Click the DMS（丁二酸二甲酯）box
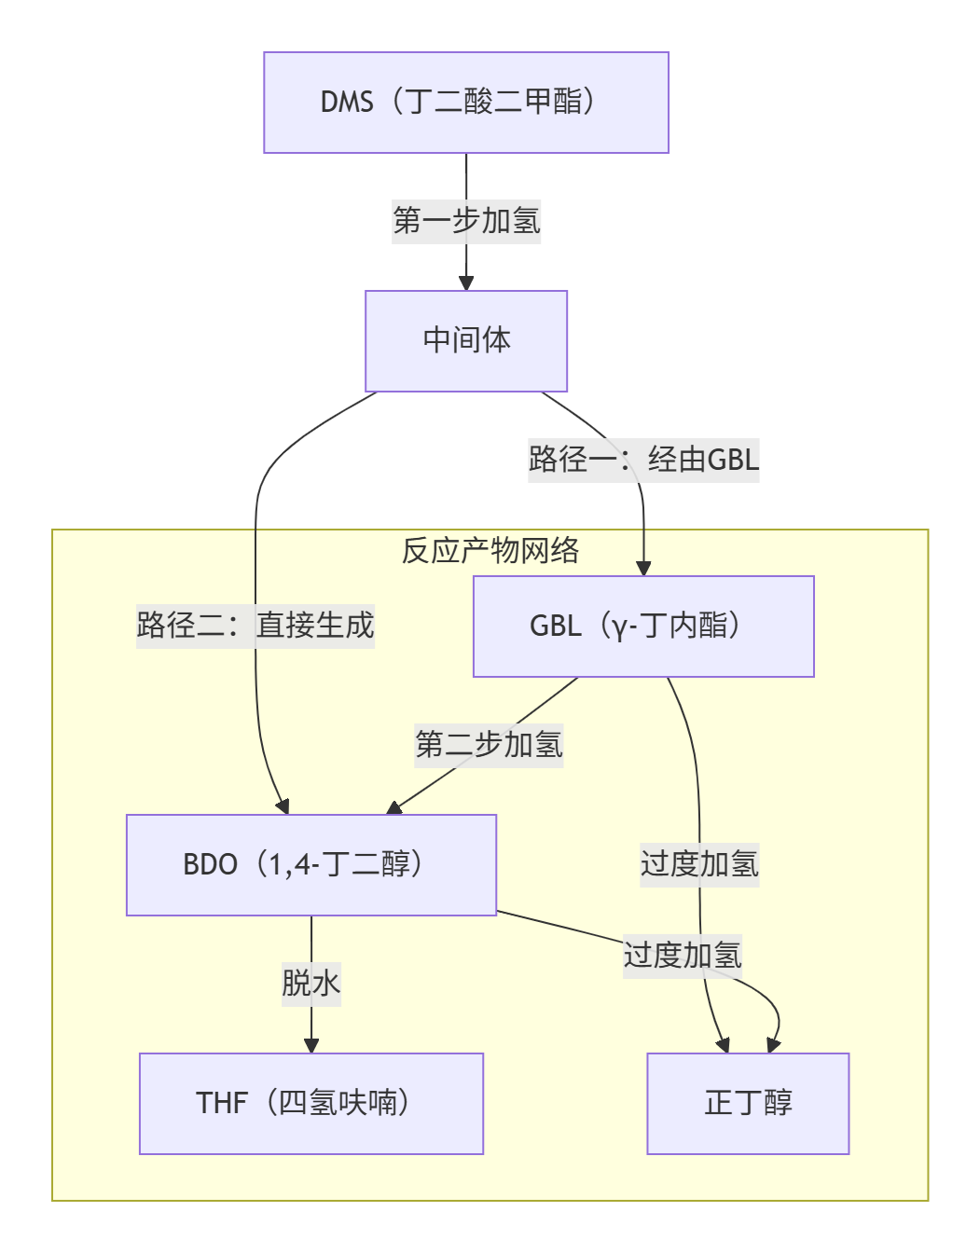point(465,103)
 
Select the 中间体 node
point(465,341)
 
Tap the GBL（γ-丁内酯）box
point(642,626)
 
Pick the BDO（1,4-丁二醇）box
point(311,865)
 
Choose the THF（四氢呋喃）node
point(311,1104)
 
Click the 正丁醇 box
point(748,1104)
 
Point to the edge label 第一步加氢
point(465,222)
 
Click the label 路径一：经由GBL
point(643,460)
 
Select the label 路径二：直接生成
point(255,625)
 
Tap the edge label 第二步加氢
point(489,745)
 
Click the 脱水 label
point(311,984)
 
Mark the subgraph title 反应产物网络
point(490,551)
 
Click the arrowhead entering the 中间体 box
point(466,283)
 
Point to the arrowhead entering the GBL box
point(643,568)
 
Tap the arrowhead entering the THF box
point(311,1046)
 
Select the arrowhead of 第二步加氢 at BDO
point(394,807)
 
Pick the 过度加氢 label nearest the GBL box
point(699,864)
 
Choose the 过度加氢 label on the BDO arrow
point(683,956)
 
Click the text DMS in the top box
point(347,103)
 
